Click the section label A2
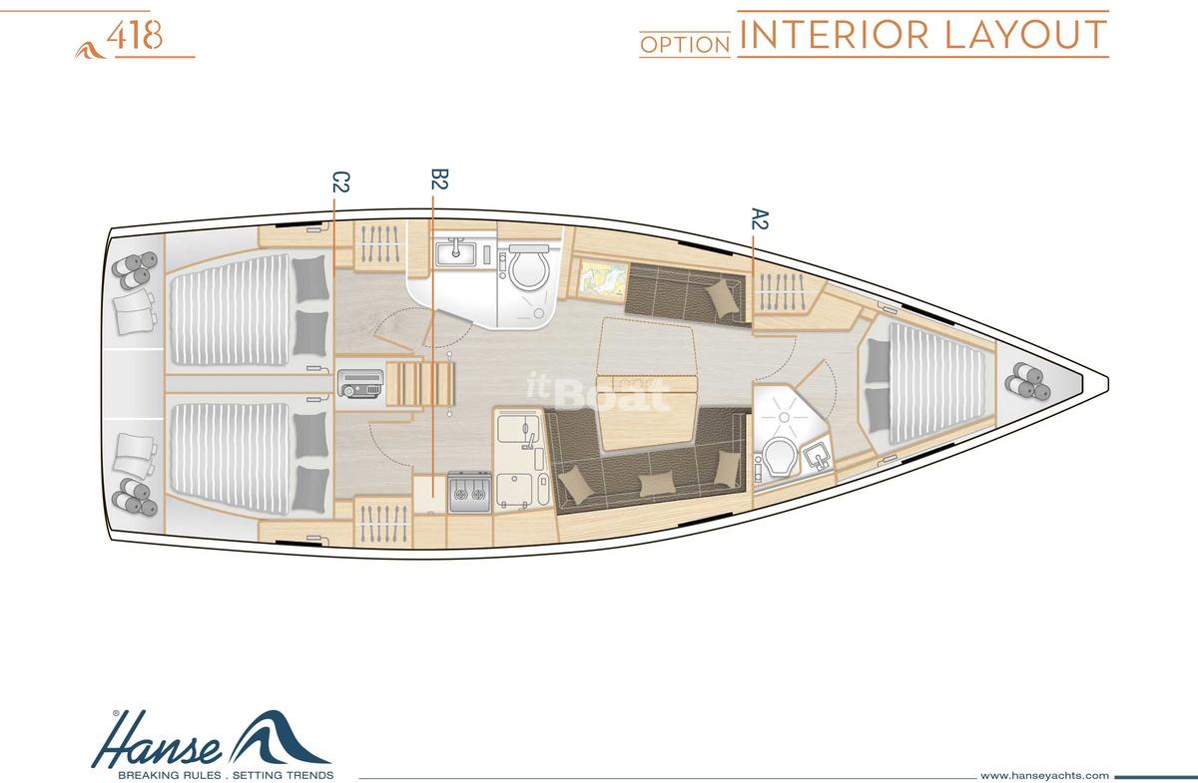[760, 218]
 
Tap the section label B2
[439, 180]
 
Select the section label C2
[340, 182]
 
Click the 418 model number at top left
[134, 36]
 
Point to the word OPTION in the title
[685, 45]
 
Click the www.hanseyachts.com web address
[1036, 775]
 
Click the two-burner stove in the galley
[469, 493]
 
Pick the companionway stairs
[420, 384]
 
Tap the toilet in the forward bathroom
[779, 457]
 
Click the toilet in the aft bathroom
[528, 265]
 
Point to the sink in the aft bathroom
[455, 253]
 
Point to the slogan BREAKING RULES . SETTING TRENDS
[226, 775]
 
